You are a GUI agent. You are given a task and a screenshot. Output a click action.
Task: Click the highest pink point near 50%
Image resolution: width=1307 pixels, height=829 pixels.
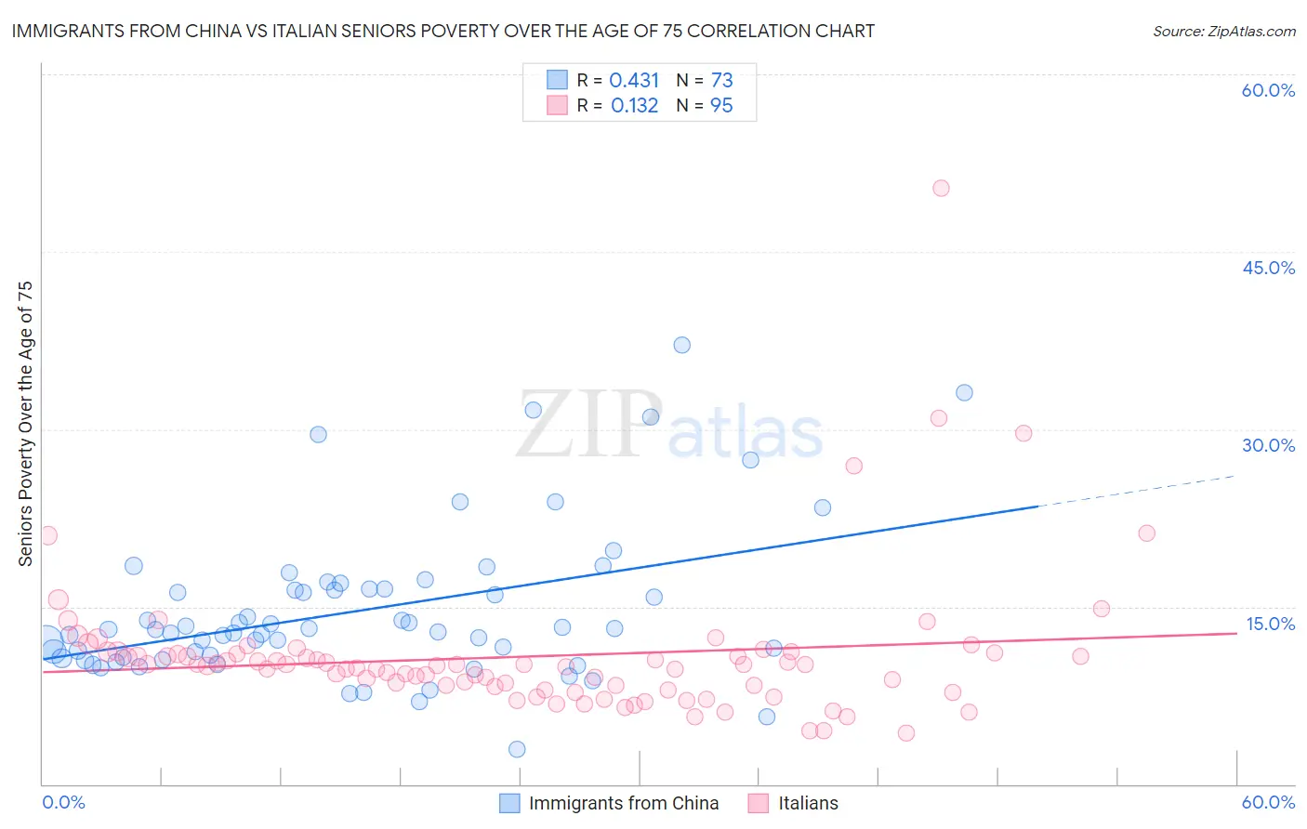click(941, 188)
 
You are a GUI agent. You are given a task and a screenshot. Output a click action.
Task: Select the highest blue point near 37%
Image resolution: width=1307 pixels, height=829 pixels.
click(681, 345)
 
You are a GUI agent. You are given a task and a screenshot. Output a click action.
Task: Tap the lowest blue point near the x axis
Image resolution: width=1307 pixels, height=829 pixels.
click(517, 749)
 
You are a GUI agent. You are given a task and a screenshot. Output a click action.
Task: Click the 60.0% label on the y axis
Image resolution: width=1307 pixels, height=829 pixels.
click(1268, 90)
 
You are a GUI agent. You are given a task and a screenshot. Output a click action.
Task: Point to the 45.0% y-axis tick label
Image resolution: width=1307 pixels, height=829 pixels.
click(1268, 268)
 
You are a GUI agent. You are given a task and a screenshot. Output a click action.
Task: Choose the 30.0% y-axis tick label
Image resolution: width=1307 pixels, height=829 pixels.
click(1268, 445)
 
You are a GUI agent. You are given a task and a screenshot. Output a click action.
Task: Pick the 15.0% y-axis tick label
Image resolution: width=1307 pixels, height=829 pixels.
click(1270, 624)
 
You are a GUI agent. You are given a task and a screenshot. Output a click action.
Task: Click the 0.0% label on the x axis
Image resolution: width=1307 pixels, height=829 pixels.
click(63, 802)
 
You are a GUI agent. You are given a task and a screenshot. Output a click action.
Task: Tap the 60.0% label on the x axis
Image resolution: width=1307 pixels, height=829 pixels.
click(1268, 802)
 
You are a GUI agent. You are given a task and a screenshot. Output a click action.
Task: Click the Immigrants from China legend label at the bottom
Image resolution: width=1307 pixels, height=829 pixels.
click(624, 803)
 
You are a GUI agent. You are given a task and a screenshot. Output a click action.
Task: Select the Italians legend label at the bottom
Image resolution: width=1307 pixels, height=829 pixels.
click(808, 803)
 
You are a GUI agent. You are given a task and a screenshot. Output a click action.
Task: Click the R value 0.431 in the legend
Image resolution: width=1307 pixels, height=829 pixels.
click(634, 81)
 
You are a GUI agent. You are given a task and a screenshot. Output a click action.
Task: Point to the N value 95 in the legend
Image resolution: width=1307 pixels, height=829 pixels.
click(721, 106)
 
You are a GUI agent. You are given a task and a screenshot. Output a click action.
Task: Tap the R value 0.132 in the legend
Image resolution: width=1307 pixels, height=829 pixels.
click(634, 106)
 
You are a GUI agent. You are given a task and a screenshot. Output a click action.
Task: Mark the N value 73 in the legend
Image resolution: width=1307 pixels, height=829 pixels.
click(721, 81)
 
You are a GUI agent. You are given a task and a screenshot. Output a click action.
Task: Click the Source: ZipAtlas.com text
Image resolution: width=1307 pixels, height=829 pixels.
click(1223, 31)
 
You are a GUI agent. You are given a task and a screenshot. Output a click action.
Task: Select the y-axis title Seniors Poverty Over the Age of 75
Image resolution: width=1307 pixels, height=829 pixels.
click(25, 423)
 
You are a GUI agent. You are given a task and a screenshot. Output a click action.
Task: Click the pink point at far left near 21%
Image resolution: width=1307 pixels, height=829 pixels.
click(47, 535)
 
